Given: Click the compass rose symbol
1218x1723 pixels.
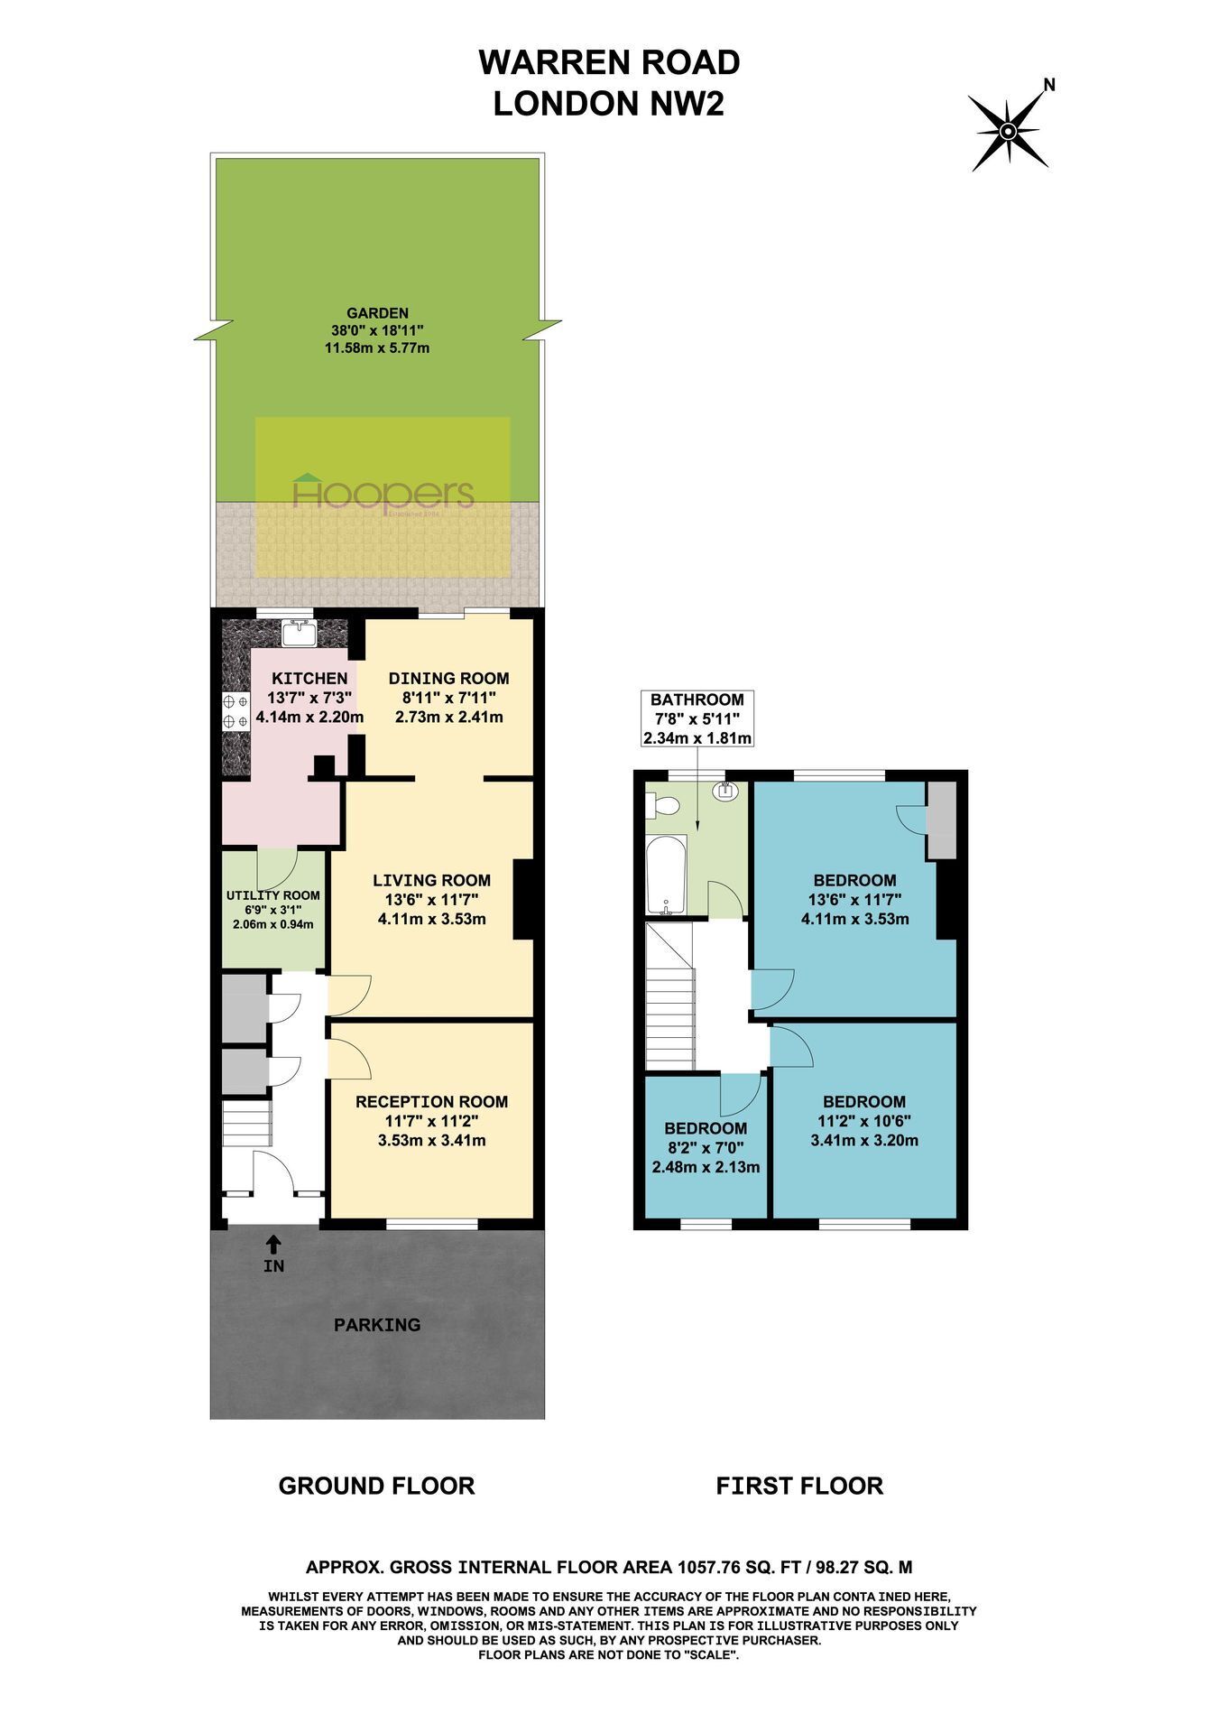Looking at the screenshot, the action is pyautogui.click(x=1009, y=132).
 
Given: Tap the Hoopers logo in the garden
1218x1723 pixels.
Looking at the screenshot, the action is pyautogui.click(x=383, y=494).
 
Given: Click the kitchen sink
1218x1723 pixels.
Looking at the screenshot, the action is pyautogui.click(x=298, y=634).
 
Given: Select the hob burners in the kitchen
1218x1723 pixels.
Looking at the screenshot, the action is pyautogui.click(x=235, y=710).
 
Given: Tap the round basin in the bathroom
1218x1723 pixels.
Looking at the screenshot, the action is pyautogui.click(x=725, y=792).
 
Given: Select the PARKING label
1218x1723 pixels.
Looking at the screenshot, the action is pyautogui.click(x=377, y=1325).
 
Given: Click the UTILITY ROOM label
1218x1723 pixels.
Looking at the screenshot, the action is pyautogui.click(x=272, y=895).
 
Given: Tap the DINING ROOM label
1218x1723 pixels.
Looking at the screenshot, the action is pyautogui.click(x=449, y=679).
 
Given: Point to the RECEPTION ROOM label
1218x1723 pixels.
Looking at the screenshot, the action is pyautogui.click(x=431, y=1102).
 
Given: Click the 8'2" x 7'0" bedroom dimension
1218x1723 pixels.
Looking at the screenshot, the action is pyautogui.click(x=706, y=1147).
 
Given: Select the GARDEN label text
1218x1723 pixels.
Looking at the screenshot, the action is pyautogui.click(x=376, y=313).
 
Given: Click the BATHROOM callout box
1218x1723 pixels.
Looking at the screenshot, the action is pyautogui.click(x=697, y=718).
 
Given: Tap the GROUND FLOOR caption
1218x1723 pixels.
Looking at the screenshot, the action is pyautogui.click(x=376, y=1486).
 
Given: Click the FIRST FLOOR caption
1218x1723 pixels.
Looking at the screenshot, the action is pyautogui.click(x=799, y=1486).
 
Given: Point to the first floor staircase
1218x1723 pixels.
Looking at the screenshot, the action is pyautogui.click(x=669, y=996).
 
